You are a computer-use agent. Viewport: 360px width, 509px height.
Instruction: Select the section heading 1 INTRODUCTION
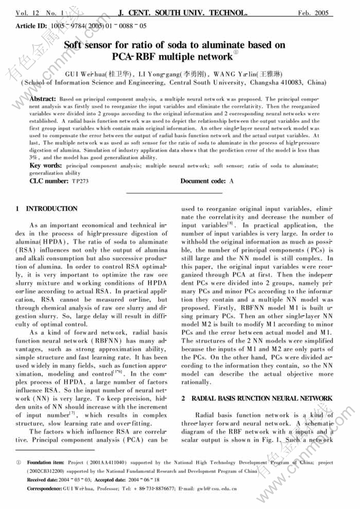pyautogui.click(x=47, y=209)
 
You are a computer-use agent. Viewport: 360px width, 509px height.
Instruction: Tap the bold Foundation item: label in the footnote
pyautogui.click(x=46, y=462)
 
